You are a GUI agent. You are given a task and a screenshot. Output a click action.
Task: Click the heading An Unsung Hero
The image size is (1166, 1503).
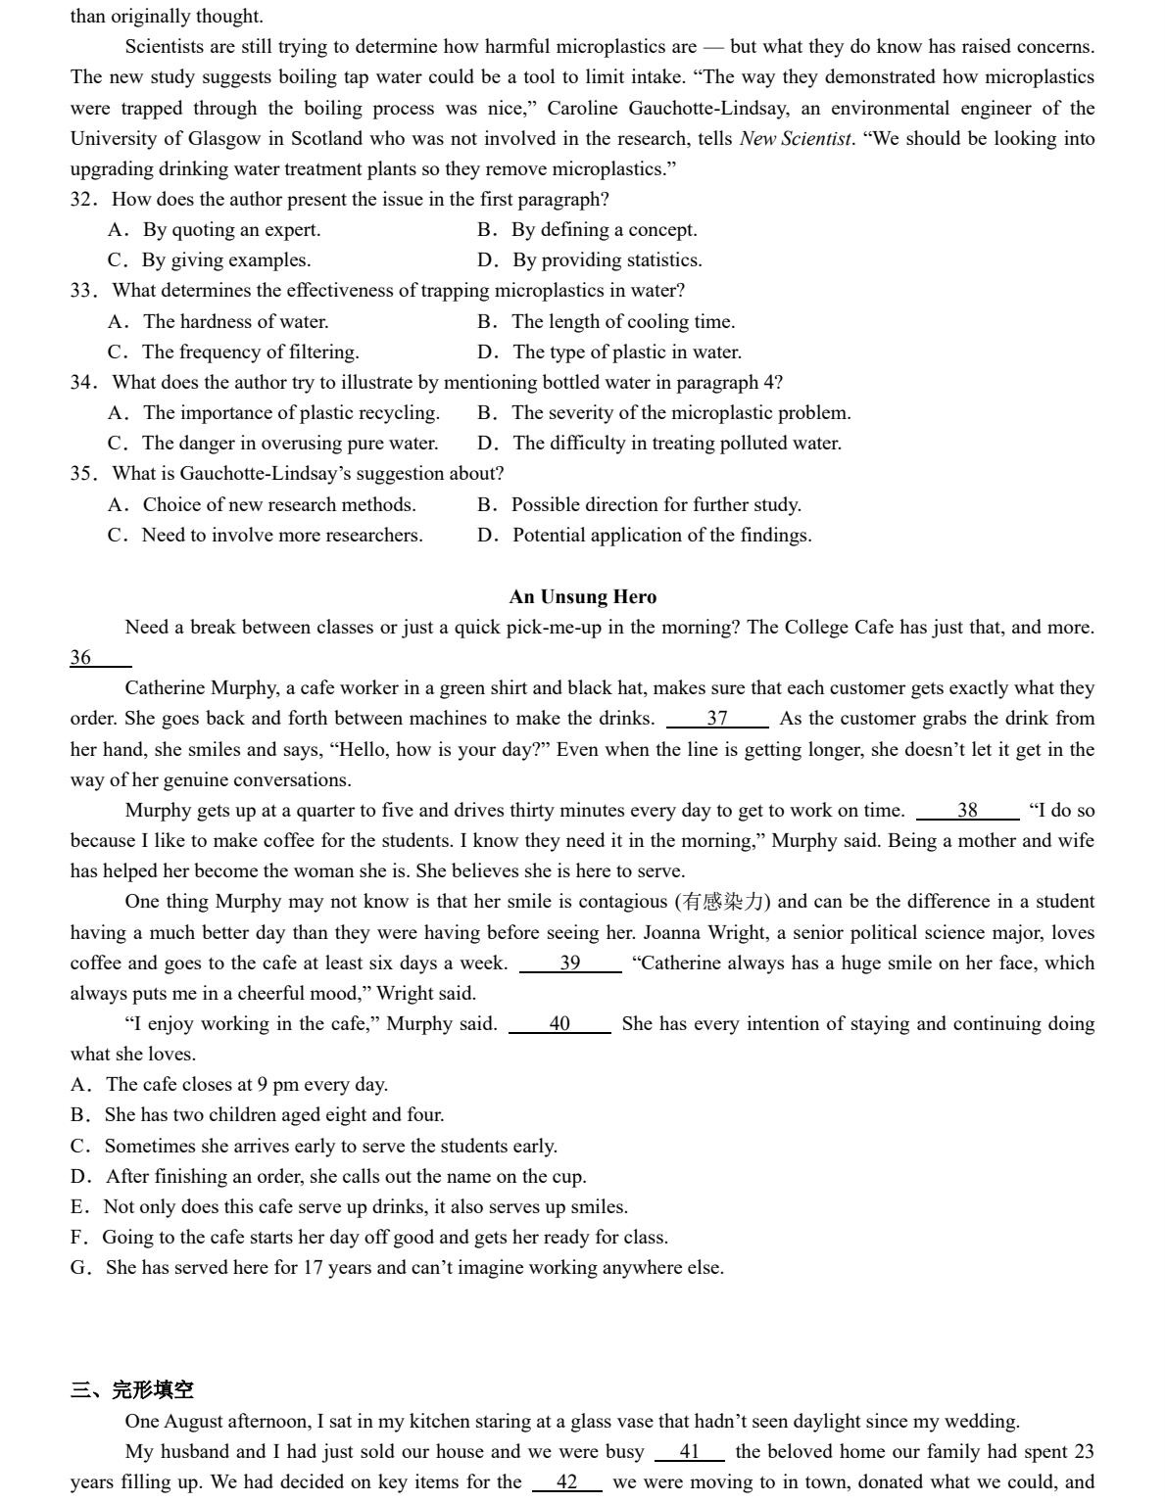point(582,597)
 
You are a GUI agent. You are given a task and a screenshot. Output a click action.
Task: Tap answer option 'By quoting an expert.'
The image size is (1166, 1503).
point(231,230)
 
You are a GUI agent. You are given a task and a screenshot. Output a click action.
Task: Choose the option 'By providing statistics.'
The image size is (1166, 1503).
point(607,260)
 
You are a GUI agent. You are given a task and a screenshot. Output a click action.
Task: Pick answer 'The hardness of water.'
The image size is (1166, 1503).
point(235,322)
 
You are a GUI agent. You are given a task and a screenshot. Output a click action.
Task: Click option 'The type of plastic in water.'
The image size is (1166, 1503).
point(626,352)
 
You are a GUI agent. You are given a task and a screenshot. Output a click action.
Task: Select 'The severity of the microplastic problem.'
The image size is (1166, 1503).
point(680,413)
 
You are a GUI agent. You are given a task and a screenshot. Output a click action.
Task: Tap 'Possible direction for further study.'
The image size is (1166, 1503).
point(656,505)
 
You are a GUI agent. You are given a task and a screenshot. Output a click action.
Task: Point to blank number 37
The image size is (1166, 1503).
point(717,719)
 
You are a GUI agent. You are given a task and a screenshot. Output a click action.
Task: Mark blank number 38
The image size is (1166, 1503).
point(967,811)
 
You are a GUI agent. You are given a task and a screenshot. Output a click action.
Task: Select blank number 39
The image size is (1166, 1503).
point(570,963)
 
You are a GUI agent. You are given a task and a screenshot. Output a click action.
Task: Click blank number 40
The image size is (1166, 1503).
point(559,1024)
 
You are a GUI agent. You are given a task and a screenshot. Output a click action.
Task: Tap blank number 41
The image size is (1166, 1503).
point(690,1452)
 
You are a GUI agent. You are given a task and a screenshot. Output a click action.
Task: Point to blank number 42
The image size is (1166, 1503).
point(567,1482)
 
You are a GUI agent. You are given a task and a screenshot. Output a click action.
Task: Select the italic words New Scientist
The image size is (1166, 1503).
point(795,139)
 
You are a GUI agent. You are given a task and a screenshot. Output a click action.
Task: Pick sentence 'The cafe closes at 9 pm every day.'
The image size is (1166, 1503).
point(246,1085)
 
